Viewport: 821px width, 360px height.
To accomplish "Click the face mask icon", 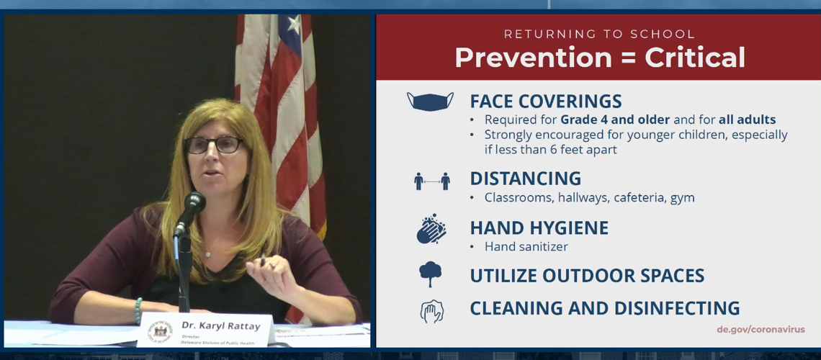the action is [x=430, y=101].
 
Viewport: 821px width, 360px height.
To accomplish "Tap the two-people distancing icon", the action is [x=431, y=181].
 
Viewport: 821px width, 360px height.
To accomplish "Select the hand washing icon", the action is [x=431, y=229].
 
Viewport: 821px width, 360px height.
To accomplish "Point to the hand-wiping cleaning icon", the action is [x=431, y=311].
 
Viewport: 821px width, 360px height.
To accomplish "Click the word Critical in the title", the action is [x=695, y=57].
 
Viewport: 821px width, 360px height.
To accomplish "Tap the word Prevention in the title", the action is [x=532, y=57].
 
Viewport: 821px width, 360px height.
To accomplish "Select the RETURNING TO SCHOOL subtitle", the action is [x=599, y=35].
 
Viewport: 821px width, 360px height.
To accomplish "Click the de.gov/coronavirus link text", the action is [x=761, y=330].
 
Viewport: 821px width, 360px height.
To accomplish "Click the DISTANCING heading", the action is [x=525, y=179].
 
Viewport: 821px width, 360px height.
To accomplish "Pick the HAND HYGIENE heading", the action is [x=539, y=228].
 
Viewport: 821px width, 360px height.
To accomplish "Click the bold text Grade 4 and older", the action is [x=615, y=120].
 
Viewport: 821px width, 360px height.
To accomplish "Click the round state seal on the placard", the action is [x=160, y=330].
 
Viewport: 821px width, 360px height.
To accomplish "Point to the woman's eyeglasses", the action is [x=214, y=145].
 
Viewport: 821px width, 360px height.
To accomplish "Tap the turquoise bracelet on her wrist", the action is [x=138, y=311].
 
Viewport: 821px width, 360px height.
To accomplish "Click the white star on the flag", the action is [x=295, y=24].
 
